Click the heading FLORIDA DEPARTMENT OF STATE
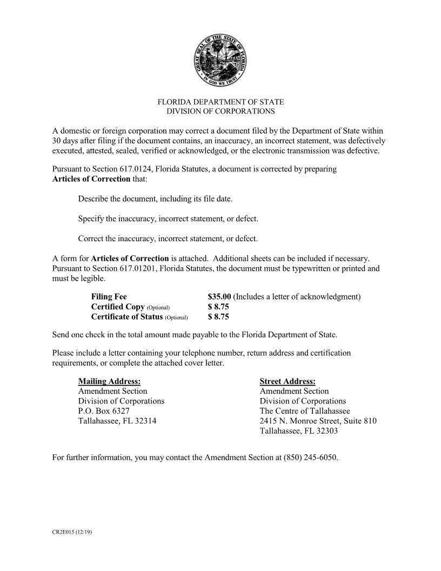pos(220,102)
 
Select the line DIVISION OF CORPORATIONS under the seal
pos(220,111)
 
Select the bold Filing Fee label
pos(109,297)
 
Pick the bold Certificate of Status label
pos(127,317)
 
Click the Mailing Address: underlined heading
pos(109,381)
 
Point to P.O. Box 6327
pos(104,411)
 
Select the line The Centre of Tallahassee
pos(305,411)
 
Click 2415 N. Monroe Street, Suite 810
pos(318,421)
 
